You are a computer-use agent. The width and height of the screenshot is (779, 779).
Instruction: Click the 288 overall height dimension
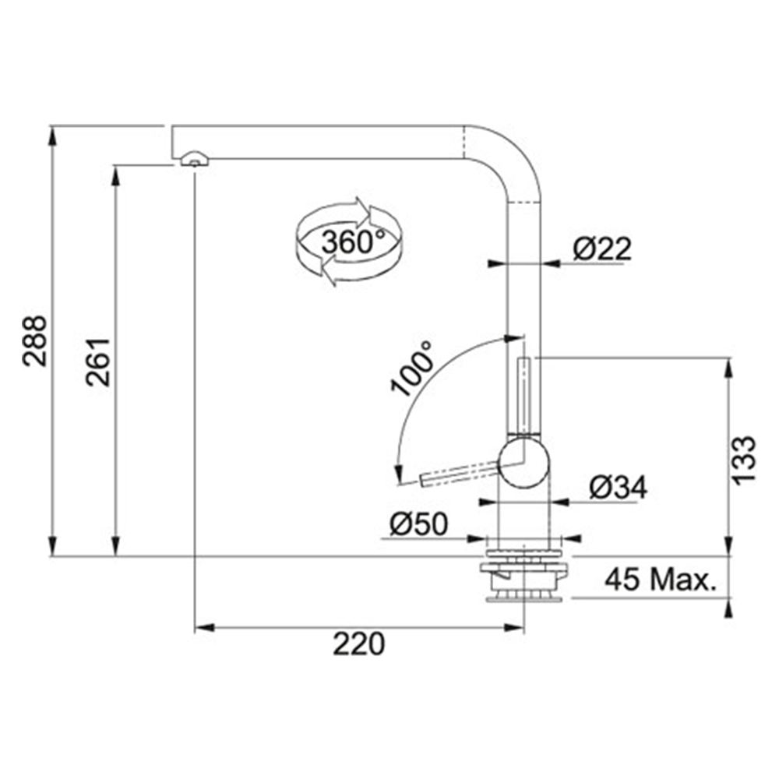pos(35,341)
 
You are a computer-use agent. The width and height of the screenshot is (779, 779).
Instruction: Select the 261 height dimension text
pos(98,361)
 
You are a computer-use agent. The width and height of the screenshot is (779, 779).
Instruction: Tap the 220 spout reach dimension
pos(358,644)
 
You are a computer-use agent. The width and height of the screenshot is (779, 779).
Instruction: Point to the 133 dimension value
pos(743,460)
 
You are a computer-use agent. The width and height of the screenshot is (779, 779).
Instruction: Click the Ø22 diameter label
pos(601,249)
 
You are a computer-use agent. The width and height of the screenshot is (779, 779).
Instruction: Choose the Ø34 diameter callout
pos(618,488)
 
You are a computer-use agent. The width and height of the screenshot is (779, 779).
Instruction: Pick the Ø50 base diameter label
pos(418,523)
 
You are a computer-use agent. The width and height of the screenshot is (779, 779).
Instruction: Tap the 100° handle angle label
pos(411,368)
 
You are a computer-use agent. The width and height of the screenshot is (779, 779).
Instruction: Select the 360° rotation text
pos(353,242)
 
